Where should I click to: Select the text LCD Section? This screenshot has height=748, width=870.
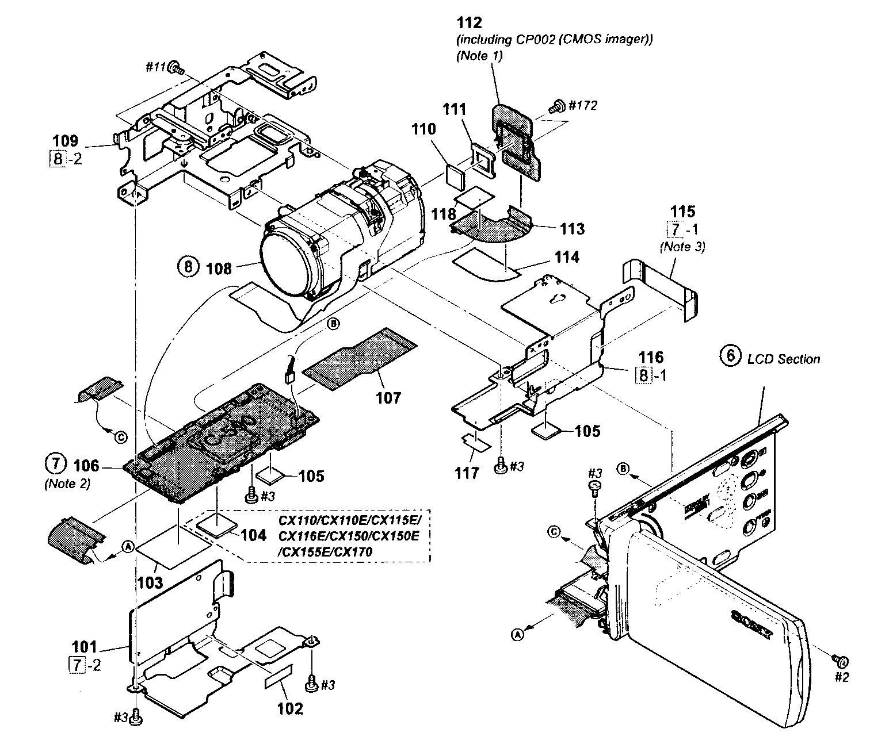(x=783, y=359)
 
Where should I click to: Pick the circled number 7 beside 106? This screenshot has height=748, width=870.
(x=53, y=463)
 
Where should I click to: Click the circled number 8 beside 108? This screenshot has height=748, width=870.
(x=186, y=267)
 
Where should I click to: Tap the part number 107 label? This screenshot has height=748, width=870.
(x=388, y=397)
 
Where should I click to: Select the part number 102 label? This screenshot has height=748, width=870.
(x=290, y=708)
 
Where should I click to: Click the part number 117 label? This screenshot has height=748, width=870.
(x=467, y=473)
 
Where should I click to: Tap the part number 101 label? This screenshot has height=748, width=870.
(x=85, y=647)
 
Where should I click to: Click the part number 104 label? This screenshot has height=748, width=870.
(x=254, y=535)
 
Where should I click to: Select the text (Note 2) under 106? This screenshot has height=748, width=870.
(x=67, y=484)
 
